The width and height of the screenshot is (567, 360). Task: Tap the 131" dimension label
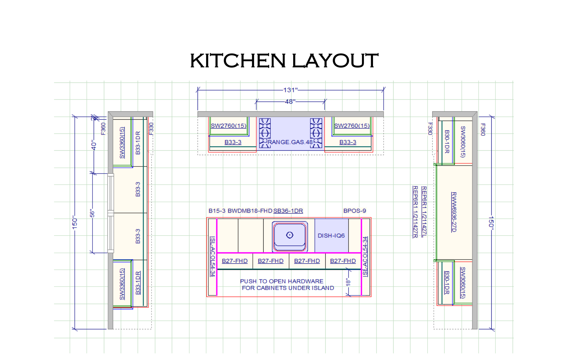pyautogui.click(x=290, y=90)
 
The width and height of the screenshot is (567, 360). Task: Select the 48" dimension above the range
pyautogui.click(x=290, y=102)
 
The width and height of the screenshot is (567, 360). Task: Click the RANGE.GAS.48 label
pyautogui.click(x=290, y=142)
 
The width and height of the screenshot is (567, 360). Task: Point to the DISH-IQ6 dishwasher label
pyautogui.click(x=331, y=236)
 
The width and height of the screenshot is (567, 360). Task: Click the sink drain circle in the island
pyautogui.click(x=290, y=235)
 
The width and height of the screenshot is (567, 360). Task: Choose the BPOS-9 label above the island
pyautogui.click(x=355, y=211)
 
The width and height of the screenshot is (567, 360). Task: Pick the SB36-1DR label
pyautogui.click(x=288, y=211)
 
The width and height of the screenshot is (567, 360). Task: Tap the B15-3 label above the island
pyautogui.click(x=217, y=211)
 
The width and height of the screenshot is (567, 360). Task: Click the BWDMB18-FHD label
pyautogui.click(x=250, y=211)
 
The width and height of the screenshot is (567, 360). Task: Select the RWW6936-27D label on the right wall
pyautogui.click(x=454, y=212)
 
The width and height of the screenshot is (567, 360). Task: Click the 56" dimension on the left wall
pyautogui.click(x=92, y=213)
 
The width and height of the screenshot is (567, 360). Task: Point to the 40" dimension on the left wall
pyautogui.click(x=94, y=146)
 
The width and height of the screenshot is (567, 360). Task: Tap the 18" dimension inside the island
pyautogui.click(x=348, y=282)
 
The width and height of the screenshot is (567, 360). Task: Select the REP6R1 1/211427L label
pyautogui.click(x=424, y=212)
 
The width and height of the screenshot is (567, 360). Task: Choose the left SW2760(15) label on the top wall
pyautogui.click(x=229, y=126)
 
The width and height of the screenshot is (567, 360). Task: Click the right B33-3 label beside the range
pyautogui.click(x=348, y=142)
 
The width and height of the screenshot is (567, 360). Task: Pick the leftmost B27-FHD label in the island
pyautogui.click(x=235, y=261)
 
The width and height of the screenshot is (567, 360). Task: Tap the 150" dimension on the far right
pyautogui.click(x=491, y=222)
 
